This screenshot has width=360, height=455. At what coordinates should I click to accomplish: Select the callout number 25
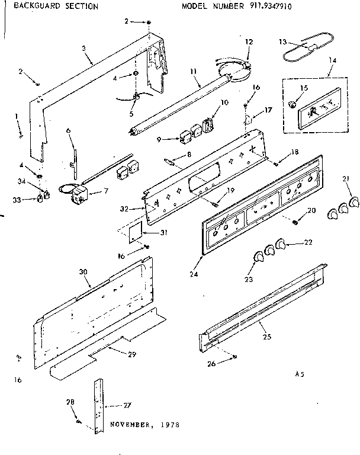pos(266,336)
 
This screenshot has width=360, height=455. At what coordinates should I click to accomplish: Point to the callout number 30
pos(83,271)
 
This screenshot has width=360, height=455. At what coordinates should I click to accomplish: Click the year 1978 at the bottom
pos(169,425)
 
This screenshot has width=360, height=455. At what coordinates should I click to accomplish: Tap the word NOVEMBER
pos(130,425)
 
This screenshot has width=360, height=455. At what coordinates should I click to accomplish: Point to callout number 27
pos(128,405)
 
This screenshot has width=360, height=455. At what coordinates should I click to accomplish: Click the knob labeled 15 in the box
pos(291,105)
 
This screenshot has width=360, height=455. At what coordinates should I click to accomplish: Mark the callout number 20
pos(312,211)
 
